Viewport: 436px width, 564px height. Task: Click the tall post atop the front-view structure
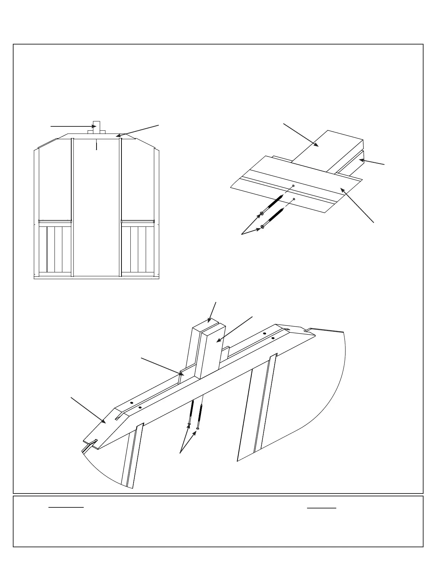pyautogui.click(x=96, y=126)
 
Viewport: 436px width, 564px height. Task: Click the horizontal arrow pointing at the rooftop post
pyautogui.click(x=71, y=126)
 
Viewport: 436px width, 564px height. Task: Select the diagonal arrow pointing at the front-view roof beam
pyautogui.click(x=137, y=130)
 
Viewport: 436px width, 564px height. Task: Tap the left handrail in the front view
pyautogui.click(x=55, y=221)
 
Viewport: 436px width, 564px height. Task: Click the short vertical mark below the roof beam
pyautogui.click(x=97, y=144)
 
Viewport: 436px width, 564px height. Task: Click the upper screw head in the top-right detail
pyautogui.click(x=262, y=213)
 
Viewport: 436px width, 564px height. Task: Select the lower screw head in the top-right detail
pyautogui.click(x=263, y=226)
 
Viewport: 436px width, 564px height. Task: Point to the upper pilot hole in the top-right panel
pyautogui.click(x=293, y=186)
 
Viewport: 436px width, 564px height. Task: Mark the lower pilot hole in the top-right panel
pyautogui.click(x=294, y=199)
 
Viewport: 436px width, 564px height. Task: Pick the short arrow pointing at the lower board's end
pyautogui.click(x=372, y=162)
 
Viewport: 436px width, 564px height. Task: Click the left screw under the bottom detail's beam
pyautogui.click(x=190, y=424)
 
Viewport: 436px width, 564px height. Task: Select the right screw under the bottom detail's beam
pyautogui.click(x=197, y=427)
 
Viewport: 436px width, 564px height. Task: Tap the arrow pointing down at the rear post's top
pyautogui.click(x=212, y=312)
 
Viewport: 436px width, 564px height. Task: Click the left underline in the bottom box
pyautogui.click(x=66, y=507)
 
